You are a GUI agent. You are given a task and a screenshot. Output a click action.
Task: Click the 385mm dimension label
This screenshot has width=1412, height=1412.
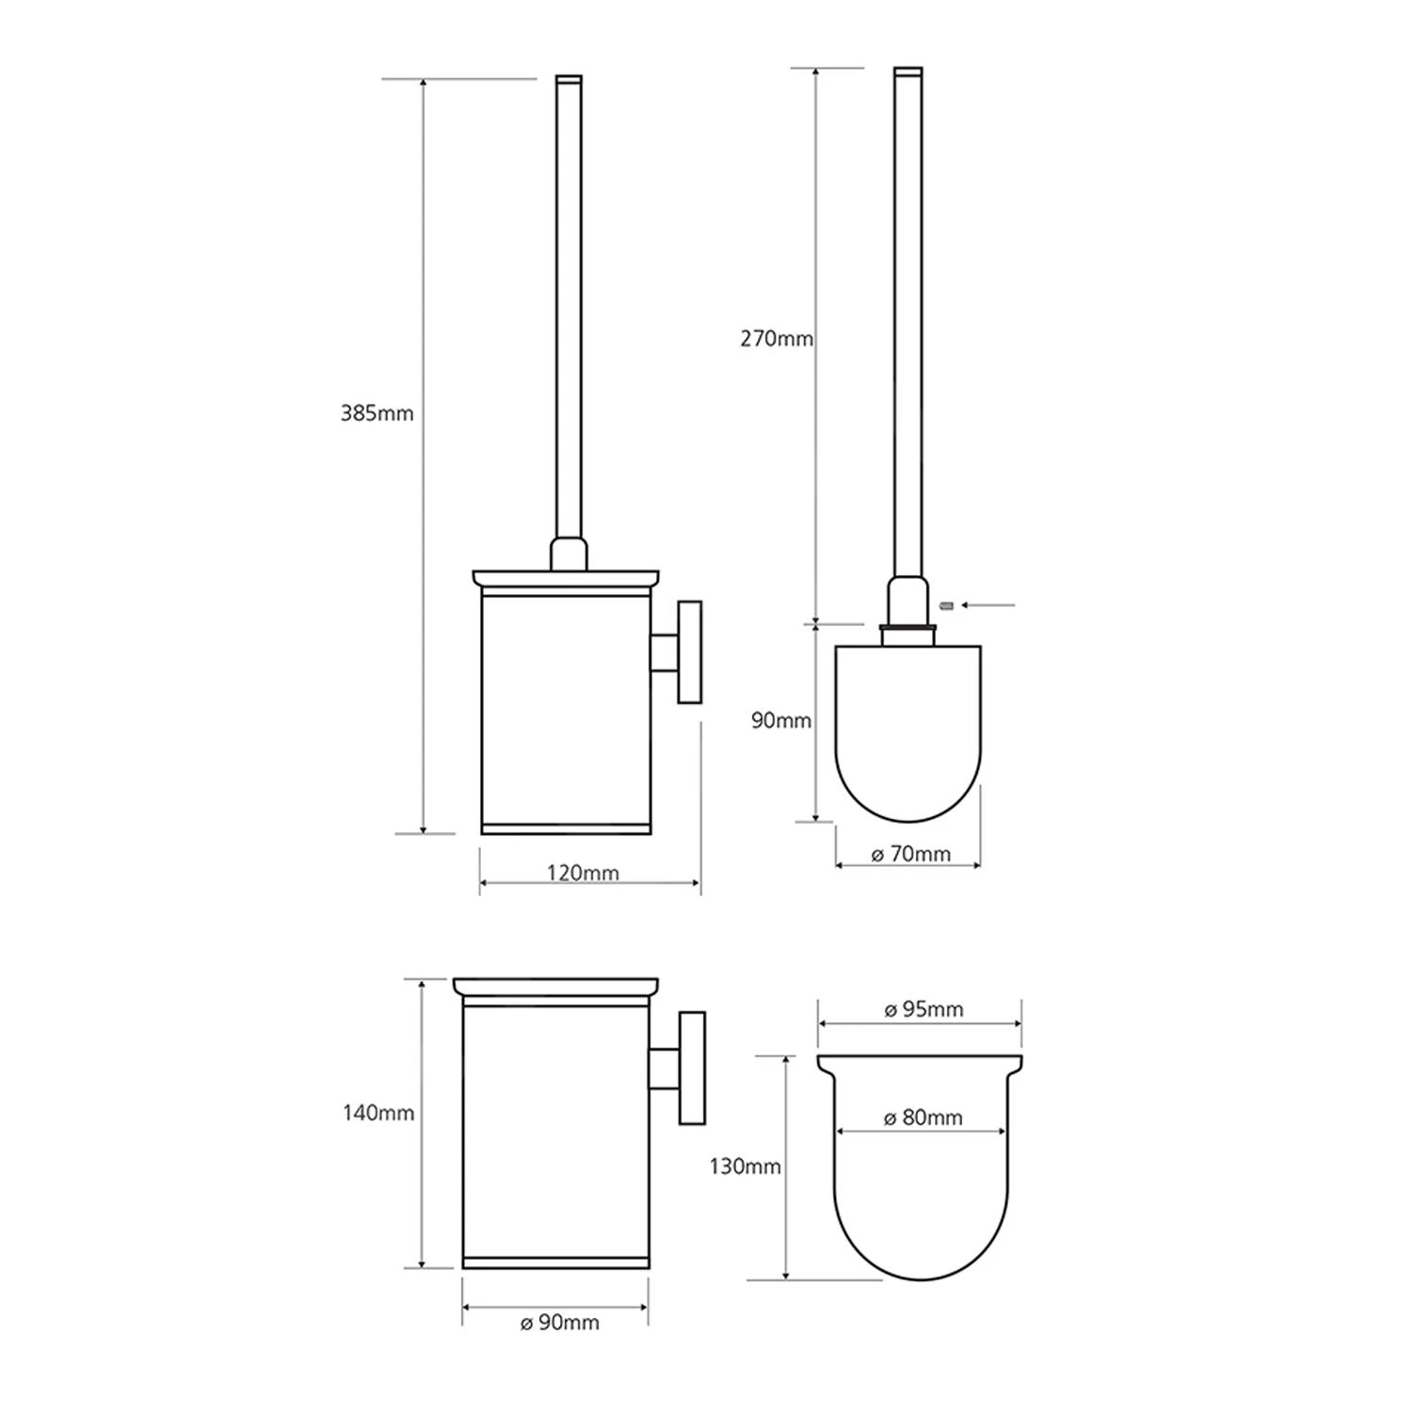(377, 413)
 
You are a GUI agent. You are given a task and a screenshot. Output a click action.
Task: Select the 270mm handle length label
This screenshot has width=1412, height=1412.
(776, 339)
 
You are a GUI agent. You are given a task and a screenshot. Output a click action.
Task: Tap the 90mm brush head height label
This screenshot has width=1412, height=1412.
(780, 721)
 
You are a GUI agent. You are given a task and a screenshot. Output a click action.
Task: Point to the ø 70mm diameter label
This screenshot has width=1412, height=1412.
(910, 855)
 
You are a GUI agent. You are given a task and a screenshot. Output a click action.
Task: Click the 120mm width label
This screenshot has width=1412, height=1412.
(583, 873)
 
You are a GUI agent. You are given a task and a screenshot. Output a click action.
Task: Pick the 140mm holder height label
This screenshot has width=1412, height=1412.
(378, 1114)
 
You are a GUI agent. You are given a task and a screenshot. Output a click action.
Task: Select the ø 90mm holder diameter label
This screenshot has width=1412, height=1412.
(559, 1323)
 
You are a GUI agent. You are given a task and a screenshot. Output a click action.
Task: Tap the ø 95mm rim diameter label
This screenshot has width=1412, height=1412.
(923, 1010)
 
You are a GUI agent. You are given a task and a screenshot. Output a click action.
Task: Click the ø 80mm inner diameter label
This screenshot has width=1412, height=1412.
(923, 1118)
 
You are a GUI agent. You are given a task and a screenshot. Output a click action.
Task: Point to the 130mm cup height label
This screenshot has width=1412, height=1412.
(745, 1167)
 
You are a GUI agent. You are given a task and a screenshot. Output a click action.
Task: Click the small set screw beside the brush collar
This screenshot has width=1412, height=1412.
(948, 605)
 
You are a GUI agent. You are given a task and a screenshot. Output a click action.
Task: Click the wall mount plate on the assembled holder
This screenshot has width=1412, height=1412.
(691, 652)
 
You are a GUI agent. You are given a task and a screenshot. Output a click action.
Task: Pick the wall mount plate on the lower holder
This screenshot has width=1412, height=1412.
(694, 1068)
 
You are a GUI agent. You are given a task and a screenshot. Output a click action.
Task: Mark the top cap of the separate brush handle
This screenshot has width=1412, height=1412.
(907, 72)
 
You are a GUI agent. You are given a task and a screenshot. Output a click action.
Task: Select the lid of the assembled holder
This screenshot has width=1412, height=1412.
(565, 578)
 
